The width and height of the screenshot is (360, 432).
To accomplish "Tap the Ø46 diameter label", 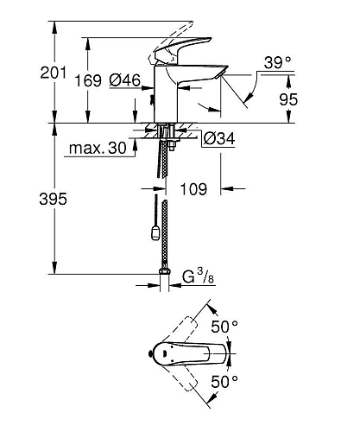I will tap(127, 80).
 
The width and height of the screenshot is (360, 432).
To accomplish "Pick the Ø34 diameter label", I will tap(220, 135).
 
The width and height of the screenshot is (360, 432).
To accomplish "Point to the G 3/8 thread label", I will tap(193, 279).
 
